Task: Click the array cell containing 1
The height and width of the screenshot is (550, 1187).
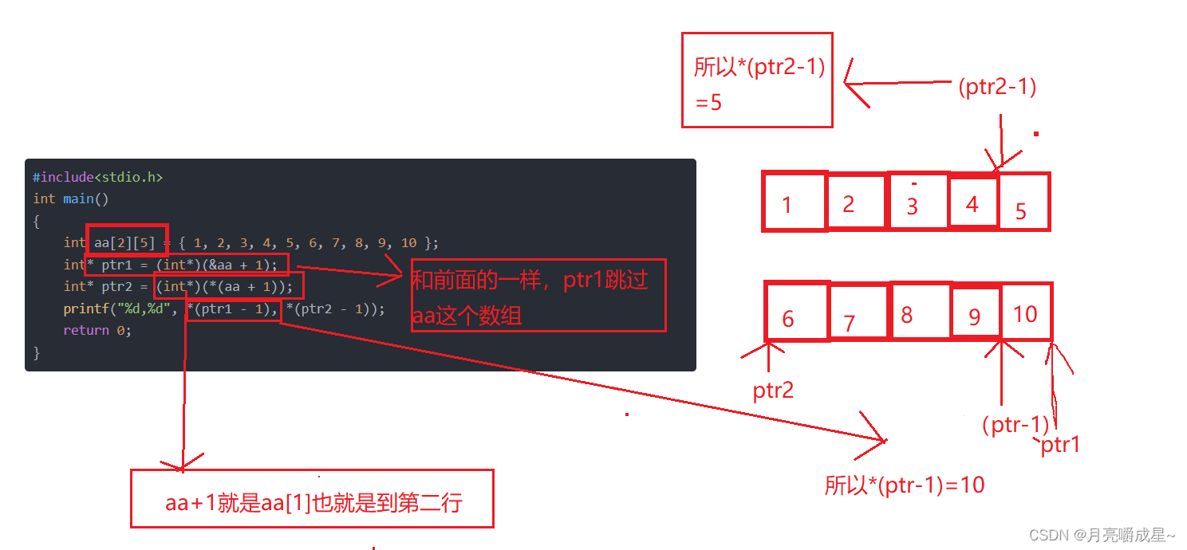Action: coord(794,202)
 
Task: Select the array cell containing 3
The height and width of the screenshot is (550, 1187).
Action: coord(917,202)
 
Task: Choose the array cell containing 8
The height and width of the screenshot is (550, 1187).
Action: coord(921,311)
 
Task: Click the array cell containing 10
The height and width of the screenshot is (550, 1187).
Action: coord(1027,312)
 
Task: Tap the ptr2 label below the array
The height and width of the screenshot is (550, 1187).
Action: coord(773,391)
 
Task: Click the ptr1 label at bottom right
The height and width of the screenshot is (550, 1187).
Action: coord(1060,444)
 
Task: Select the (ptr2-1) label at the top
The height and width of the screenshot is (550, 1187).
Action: coord(997,87)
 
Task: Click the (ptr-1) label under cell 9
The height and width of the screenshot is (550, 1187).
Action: coord(1015,425)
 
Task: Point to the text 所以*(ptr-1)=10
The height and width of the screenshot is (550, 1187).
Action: coord(905,485)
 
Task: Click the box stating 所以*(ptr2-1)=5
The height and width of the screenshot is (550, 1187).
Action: coord(757,80)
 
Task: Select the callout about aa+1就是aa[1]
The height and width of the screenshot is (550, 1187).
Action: coord(312,499)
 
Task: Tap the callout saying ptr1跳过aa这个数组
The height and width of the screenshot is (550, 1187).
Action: coord(538,295)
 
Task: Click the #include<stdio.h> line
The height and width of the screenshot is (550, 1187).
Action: coord(97,177)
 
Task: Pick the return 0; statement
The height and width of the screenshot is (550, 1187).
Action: coord(97,330)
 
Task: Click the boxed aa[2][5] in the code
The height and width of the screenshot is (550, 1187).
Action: coord(126,242)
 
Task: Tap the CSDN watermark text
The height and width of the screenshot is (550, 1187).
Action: coord(1102,535)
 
